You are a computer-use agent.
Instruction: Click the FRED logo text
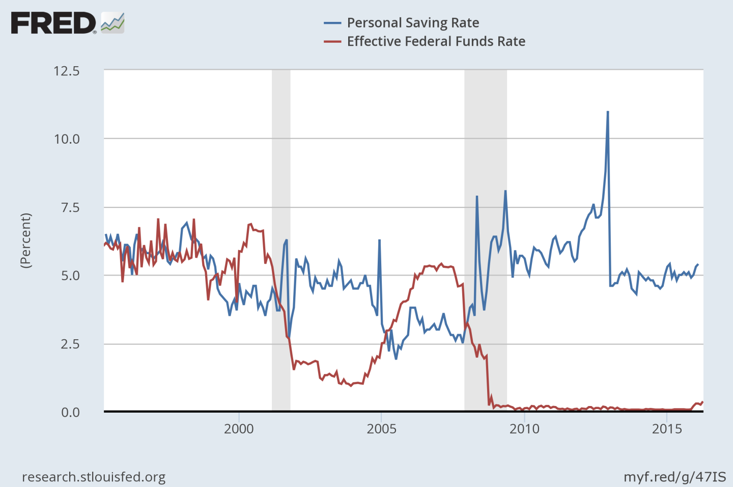click(x=53, y=23)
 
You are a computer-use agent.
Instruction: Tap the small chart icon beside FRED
click(x=112, y=23)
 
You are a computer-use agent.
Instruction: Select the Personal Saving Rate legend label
click(x=413, y=23)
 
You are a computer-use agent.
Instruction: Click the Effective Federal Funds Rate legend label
click(x=436, y=41)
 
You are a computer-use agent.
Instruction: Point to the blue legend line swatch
click(x=332, y=23)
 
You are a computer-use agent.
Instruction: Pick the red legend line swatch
click(x=332, y=41)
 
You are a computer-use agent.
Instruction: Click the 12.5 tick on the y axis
click(x=67, y=71)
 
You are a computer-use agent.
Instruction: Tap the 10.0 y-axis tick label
click(x=67, y=139)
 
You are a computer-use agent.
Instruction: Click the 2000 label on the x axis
click(x=239, y=428)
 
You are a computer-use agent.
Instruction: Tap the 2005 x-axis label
click(x=381, y=428)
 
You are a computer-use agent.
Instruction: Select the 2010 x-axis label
click(x=524, y=428)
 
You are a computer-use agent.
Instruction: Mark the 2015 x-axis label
click(x=667, y=428)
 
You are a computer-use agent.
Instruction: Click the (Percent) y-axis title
click(x=25, y=240)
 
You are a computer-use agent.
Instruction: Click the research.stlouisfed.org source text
click(x=94, y=477)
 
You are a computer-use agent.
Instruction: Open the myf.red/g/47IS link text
click(x=675, y=477)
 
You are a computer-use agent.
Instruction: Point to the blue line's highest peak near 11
click(x=608, y=112)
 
